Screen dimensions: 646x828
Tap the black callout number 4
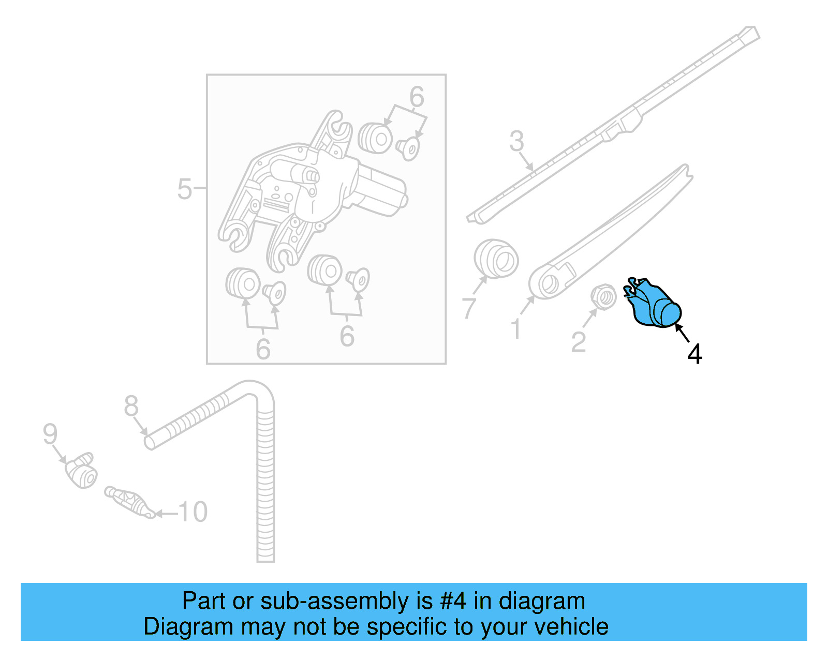694,354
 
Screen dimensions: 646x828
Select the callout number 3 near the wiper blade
516,141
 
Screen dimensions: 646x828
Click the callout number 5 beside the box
184,189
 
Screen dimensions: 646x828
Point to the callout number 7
469,308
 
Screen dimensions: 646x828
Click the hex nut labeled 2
603,297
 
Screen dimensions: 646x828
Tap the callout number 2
579,342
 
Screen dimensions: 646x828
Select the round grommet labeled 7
496,259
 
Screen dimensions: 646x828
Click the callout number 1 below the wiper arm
516,329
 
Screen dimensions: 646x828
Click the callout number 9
50,433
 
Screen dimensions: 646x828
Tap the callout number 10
193,512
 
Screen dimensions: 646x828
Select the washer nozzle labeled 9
82,470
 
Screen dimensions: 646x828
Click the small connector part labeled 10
129,501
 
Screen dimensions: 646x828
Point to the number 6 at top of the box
417,97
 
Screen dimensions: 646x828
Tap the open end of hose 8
149,443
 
